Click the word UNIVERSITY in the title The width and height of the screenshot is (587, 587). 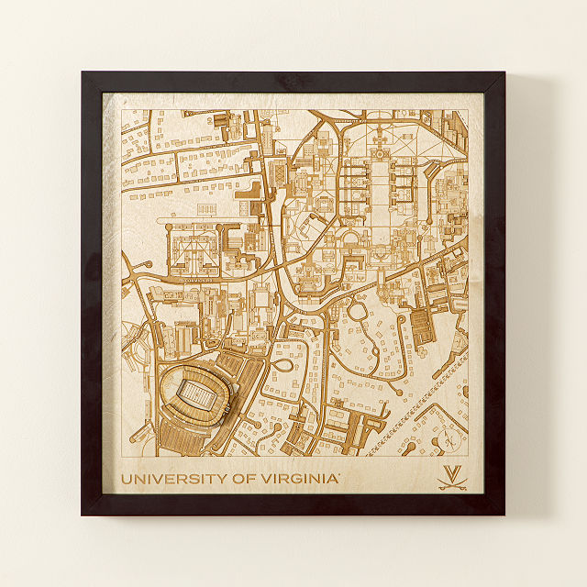click(x=170, y=478)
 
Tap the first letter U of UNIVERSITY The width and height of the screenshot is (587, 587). click(x=127, y=478)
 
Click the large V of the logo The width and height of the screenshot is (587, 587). click(x=451, y=472)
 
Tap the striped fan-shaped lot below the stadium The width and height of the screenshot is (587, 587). click(x=193, y=437)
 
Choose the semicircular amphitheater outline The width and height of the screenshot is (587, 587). click(x=351, y=240)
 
